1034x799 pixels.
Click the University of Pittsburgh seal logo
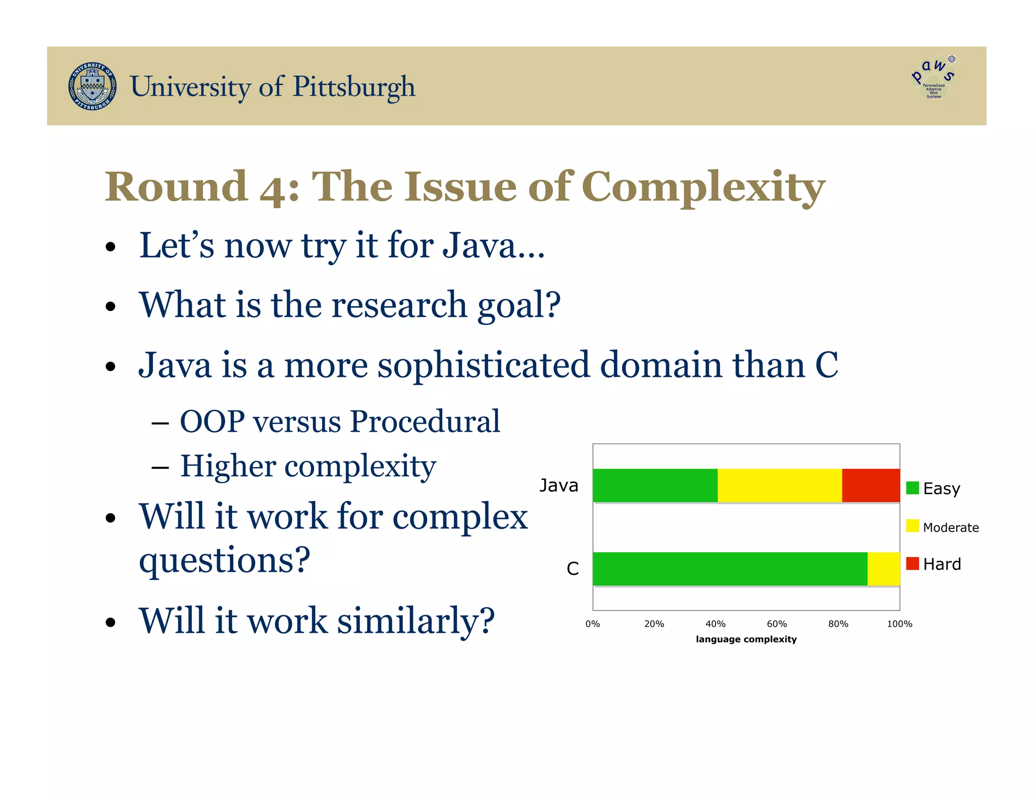point(92,86)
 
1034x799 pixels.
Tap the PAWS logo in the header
point(933,77)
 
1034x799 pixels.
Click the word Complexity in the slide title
point(703,187)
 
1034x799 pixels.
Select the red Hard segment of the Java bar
point(870,485)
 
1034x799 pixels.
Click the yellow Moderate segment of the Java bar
point(779,485)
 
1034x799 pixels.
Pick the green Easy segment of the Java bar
point(655,485)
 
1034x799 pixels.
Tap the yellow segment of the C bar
point(884,569)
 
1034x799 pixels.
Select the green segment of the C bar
point(730,569)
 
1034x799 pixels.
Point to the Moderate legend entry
point(942,527)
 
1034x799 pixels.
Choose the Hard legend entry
point(934,564)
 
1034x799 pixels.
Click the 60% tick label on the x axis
point(777,624)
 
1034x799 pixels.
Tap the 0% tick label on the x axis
point(592,624)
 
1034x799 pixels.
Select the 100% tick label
point(899,624)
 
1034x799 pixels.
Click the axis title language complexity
point(746,639)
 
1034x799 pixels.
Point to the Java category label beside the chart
point(558,485)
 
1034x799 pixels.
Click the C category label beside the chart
point(573,569)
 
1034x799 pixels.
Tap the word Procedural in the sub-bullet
point(425,421)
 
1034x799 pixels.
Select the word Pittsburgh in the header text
point(354,87)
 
